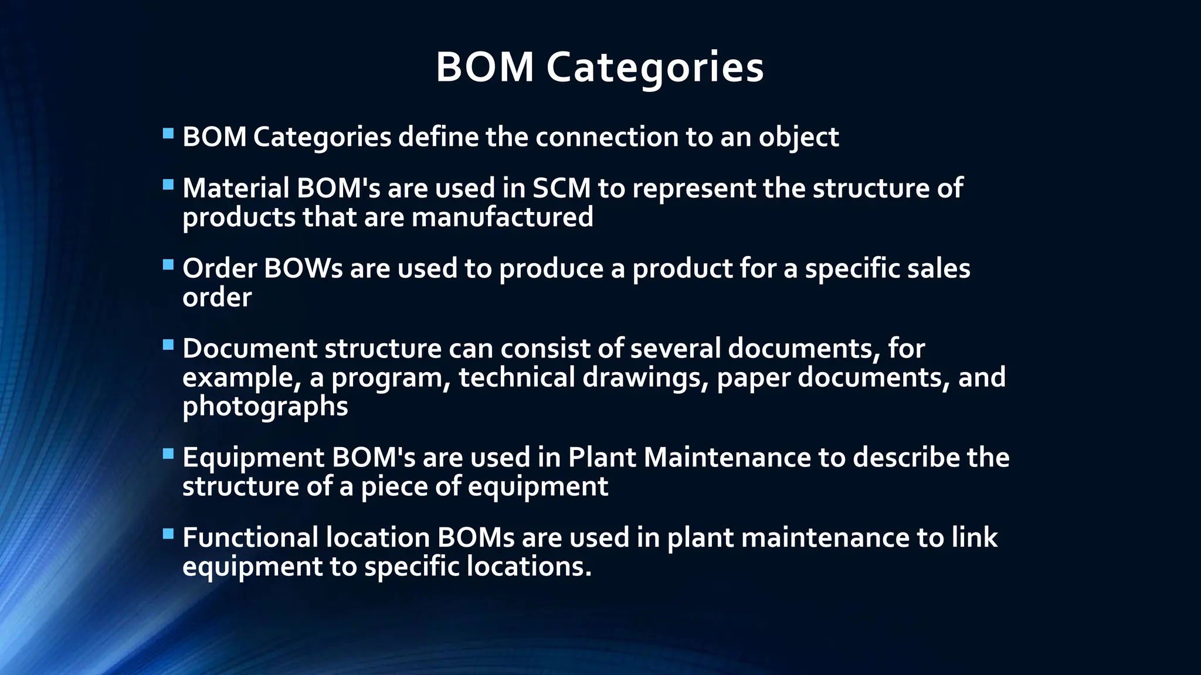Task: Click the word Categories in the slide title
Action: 655,67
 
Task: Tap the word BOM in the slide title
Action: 484,67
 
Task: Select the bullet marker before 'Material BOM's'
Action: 168,185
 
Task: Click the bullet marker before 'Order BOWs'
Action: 168,265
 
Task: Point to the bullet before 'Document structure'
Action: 168,345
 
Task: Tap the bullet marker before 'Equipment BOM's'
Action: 168,454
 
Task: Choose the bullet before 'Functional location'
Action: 168,534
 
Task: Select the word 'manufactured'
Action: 502,217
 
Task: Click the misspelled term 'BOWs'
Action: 303,269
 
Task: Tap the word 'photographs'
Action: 265,407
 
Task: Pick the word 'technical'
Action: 517,377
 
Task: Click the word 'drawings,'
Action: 646,378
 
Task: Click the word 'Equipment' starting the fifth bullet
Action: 253,458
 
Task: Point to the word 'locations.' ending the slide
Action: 529,567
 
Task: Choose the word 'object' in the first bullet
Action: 799,138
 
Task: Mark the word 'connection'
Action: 607,137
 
